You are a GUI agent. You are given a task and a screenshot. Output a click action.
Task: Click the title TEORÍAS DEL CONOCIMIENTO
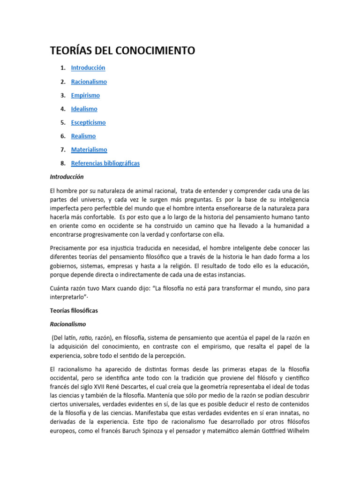pyautogui.click(x=122, y=51)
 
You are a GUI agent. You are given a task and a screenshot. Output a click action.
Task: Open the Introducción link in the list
pyautogui.click(x=88, y=68)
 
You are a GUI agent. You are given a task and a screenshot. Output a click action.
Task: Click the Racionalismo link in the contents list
pyautogui.click(x=89, y=82)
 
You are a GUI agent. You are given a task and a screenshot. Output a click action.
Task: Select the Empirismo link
pyautogui.click(x=85, y=95)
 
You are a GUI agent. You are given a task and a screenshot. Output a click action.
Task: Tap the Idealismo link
pyautogui.click(x=84, y=109)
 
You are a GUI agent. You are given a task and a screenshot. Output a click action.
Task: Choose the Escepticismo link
pyautogui.click(x=88, y=122)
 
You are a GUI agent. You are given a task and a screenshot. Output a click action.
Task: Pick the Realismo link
pyautogui.click(x=83, y=136)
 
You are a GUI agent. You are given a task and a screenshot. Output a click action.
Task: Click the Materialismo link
pyautogui.click(x=89, y=150)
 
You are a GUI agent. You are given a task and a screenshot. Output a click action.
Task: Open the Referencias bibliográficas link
pyautogui.click(x=105, y=163)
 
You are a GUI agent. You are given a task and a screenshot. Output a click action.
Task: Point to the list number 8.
pyautogui.click(x=62, y=163)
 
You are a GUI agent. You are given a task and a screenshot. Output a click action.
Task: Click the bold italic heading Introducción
pyautogui.click(x=67, y=177)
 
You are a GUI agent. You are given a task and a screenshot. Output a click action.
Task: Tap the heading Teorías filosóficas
pyautogui.click(x=74, y=310)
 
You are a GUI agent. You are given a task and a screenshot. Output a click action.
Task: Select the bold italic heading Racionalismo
pyautogui.click(x=68, y=324)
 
